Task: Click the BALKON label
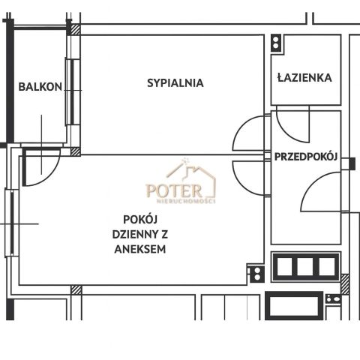click(40, 87)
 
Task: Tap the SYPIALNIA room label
click(175, 83)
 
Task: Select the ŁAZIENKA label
click(304, 77)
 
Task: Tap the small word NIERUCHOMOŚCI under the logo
click(186, 201)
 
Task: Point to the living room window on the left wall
click(10, 222)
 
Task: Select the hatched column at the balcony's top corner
click(74, 30)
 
